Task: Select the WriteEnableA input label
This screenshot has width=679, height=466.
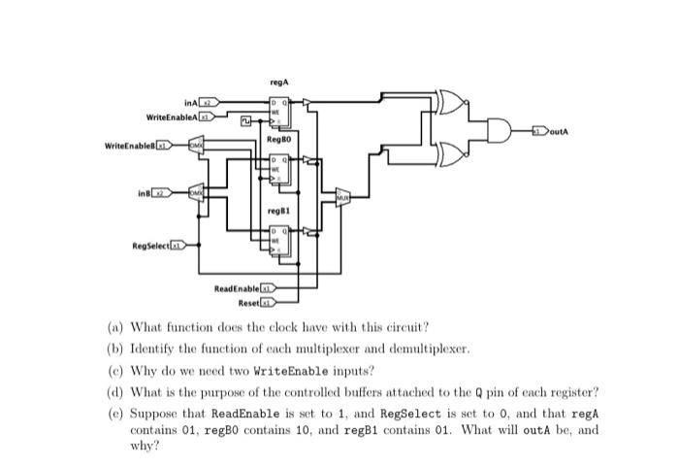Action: tap(172, 116)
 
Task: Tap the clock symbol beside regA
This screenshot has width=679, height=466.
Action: tap(248, 121)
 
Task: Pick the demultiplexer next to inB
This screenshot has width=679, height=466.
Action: tap(196, 194)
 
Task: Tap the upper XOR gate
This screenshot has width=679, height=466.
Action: tap(452, 102)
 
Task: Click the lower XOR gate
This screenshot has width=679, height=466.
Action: tap(452, 152)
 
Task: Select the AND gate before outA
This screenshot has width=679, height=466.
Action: tap(502, 129)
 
